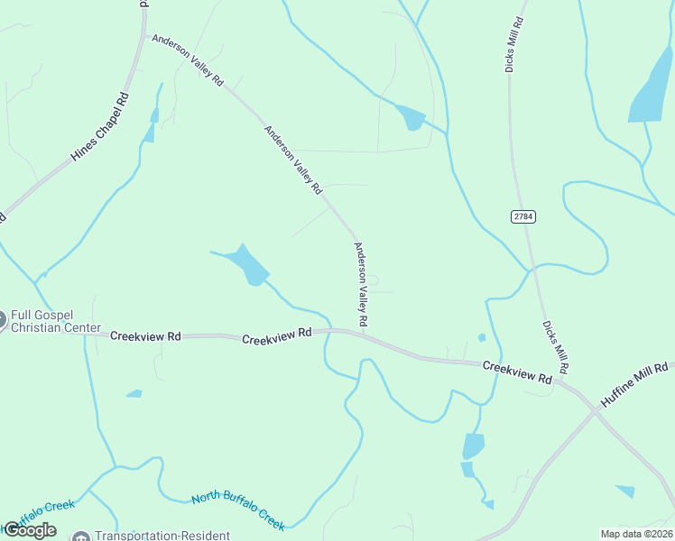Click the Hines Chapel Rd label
coord(99,126)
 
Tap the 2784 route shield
coord(521,216)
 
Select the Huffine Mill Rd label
coord(634,386)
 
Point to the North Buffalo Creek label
coord(238,510)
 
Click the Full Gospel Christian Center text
coord(54,322)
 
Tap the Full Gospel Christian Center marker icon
coord(2,318)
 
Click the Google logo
coord(30,530)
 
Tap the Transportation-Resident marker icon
coord(81,536)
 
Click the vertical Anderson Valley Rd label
coord(361,284)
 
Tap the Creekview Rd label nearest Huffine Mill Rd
coord(516,372)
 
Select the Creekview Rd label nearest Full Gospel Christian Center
coord(145,335)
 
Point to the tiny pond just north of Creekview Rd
coord(482,338)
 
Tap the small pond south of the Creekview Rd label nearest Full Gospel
coord(134,393)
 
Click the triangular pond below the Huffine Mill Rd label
coord(625,491)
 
